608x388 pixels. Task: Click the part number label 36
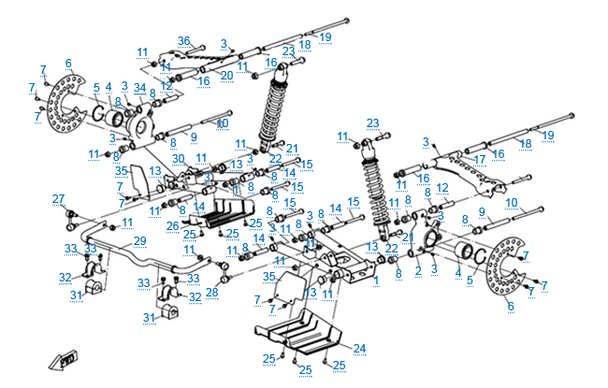coord(184,41)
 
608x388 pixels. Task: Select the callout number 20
coord(226,75)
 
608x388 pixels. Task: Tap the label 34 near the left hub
coord(139,88)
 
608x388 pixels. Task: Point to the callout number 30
coord(177,158)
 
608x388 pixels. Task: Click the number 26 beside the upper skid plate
coord(172,225)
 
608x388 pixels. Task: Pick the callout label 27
coord(58,198)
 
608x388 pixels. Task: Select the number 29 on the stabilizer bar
coord(139,241)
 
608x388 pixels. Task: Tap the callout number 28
coord(211,293)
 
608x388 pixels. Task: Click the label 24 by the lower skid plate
coord(359,349)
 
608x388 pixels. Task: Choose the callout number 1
coord(376,279)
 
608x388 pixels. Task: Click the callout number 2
coord(418,269)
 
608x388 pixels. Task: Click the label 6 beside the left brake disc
coord(68,64)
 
